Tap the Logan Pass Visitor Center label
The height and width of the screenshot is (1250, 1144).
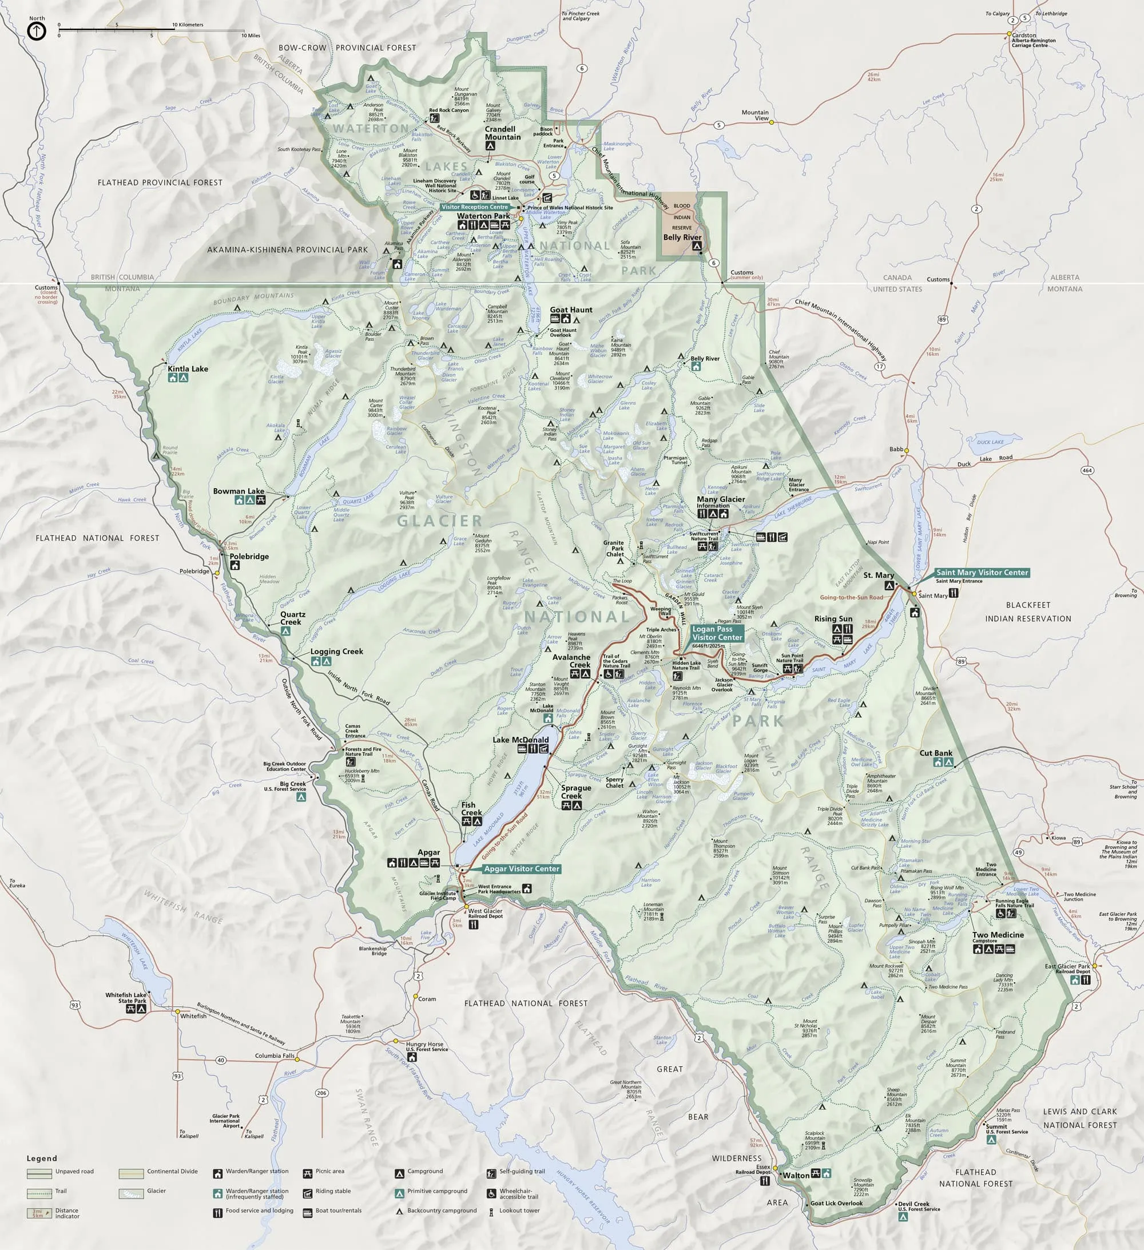[x=717, y=633]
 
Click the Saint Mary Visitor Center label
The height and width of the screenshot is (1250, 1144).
[x=982, y=572]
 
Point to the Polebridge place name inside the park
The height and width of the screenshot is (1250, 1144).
[x=249, y=556]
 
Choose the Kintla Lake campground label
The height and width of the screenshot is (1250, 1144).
[x=188, y=368]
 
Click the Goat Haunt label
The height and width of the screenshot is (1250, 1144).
[x=571, y=309]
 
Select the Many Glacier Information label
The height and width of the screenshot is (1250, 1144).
[x=721, y=502]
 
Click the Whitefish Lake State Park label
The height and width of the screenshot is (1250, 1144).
[x=126, y=998]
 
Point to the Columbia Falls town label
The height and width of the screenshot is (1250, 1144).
[x=274, y=1056]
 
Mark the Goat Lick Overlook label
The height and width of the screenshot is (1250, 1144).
[x=836, y=1203]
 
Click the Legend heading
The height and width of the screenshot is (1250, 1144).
[x=42, y=1158]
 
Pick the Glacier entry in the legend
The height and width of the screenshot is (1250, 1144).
[x=156, y=1191]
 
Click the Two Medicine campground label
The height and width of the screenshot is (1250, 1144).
[x=998, y=934]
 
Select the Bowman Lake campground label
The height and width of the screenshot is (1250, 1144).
[x=238, y=490]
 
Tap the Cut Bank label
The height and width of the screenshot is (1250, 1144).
[x=936, y=753]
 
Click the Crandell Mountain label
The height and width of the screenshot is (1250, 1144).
[x=502, y=133]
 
